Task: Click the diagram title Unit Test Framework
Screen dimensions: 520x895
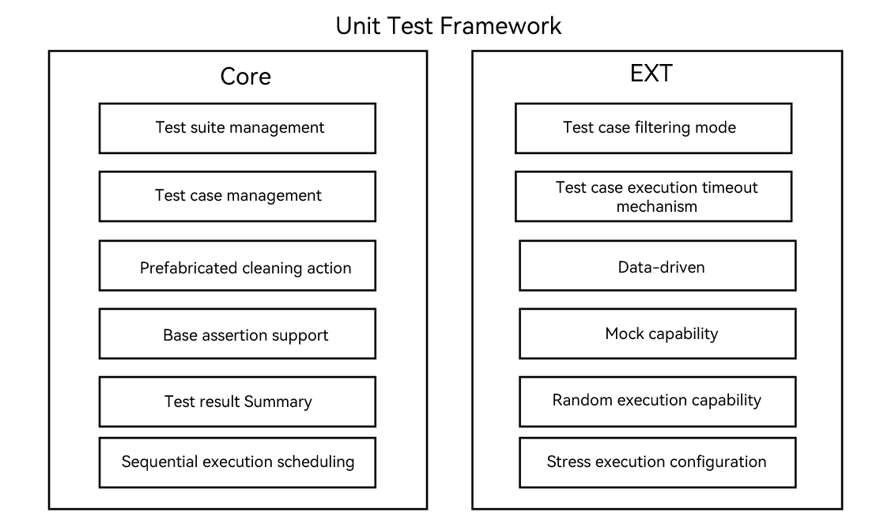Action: point(448,25)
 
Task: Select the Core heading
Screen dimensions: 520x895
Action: point(245,77)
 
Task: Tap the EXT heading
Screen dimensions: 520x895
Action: point(651,73)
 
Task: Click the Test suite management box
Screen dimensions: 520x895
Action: point(237,128)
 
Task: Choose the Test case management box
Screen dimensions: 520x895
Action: point(237,196)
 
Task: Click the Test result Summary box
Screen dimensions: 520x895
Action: point(237,401)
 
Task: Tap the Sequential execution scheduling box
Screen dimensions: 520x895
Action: point(237,462)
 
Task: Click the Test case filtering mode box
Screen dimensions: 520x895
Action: point(653,128)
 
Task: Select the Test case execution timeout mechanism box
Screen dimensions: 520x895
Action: point(653,197)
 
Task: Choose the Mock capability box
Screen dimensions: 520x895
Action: point(658,333)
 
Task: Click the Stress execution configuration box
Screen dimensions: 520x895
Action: point(658,462)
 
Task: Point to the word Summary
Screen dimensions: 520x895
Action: point(278,402)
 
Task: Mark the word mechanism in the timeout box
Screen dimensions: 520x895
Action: point(656,207)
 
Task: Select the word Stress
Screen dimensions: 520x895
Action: point(566,462)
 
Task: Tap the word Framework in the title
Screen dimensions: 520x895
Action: point(500,25)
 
